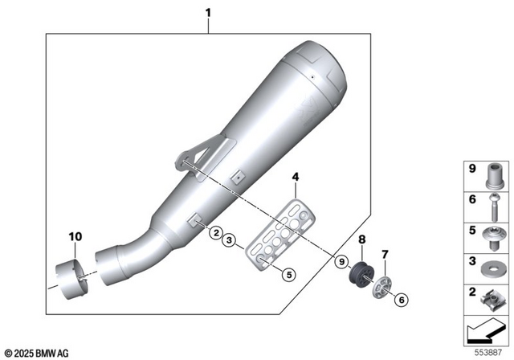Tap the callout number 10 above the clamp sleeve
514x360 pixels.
[x=75, y=236]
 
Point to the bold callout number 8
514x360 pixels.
[x=361, y=239]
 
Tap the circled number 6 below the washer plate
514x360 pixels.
[x=398, y=299]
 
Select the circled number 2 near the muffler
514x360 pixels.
[x=214, y=232]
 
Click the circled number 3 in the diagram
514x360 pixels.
[x=229, y=239]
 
